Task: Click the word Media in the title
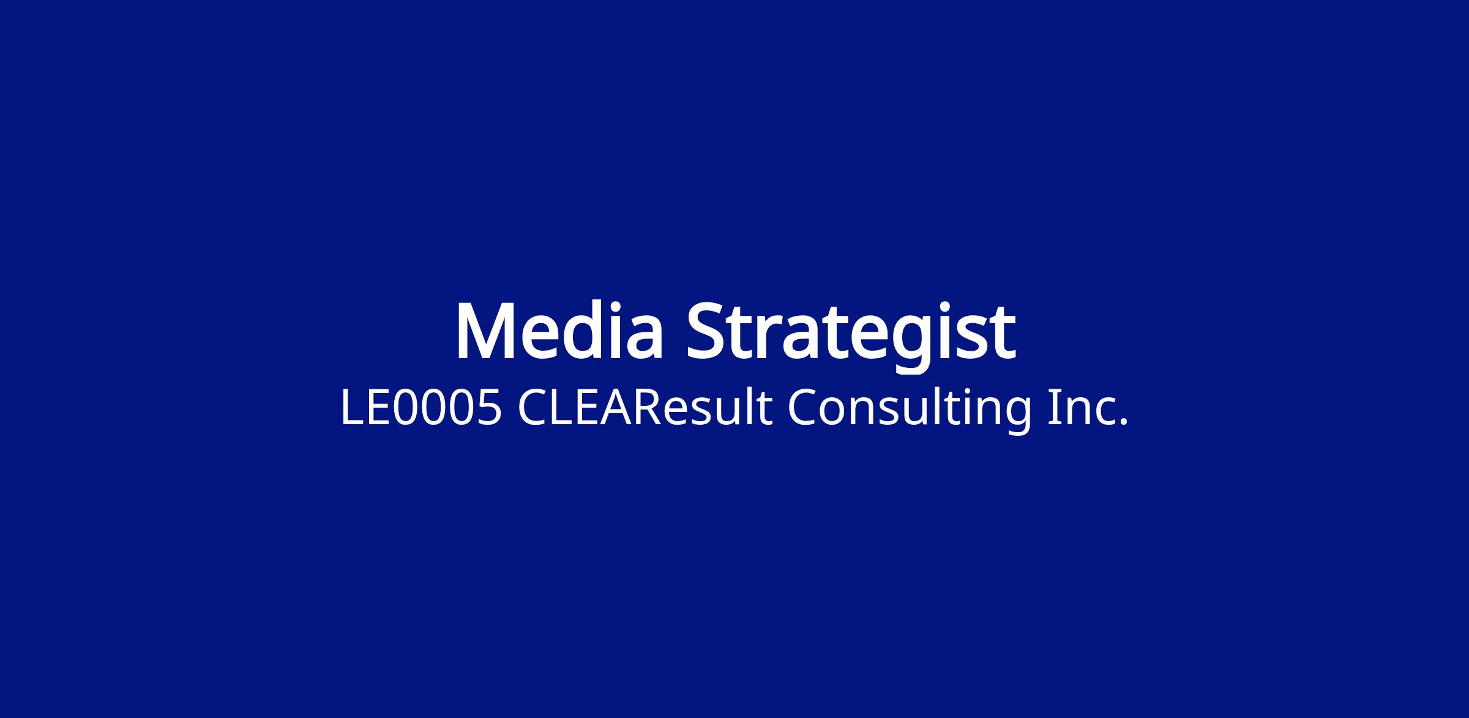tap(559, 330)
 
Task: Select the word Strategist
tap(851, 335)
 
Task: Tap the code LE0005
tap(421, 408)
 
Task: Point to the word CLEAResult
tap(645, 407)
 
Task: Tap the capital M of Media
tap(486, 331)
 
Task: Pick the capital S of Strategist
tap(705, 331)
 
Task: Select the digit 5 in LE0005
tap(488, 408)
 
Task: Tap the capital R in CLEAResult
tap(647, 407)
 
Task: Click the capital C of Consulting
tap(803, 407)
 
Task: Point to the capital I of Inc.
tap(1053, 407)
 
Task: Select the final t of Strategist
tap(1003, 334)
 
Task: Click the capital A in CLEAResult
tap(614, 407)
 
